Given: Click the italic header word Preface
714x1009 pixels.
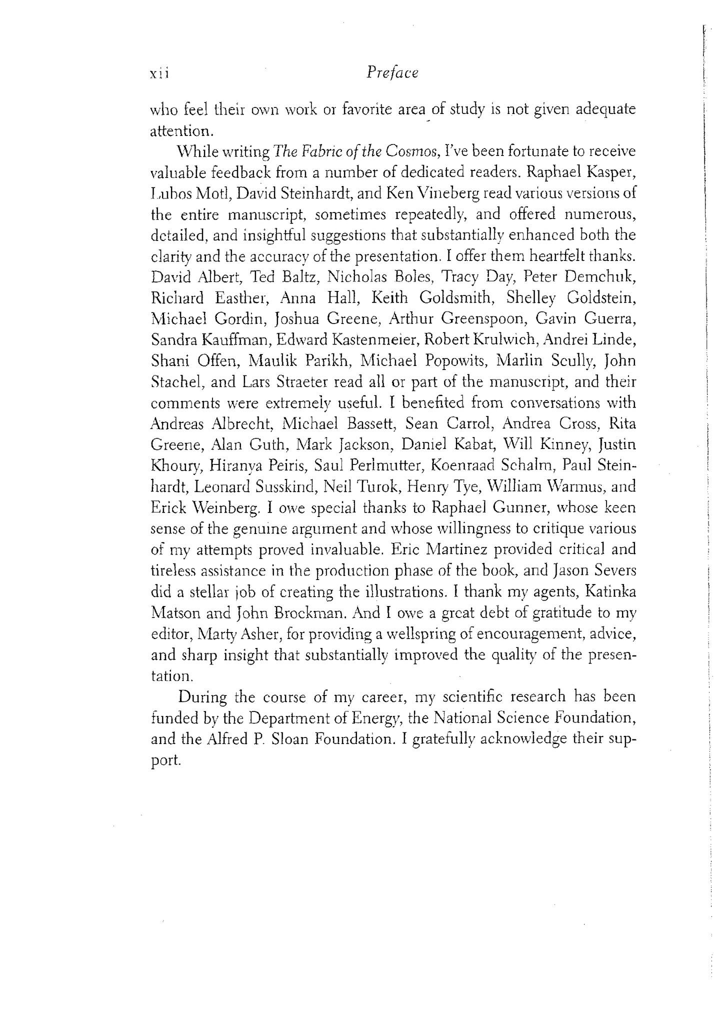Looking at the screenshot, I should pyautogui.click(x=392, y=73).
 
